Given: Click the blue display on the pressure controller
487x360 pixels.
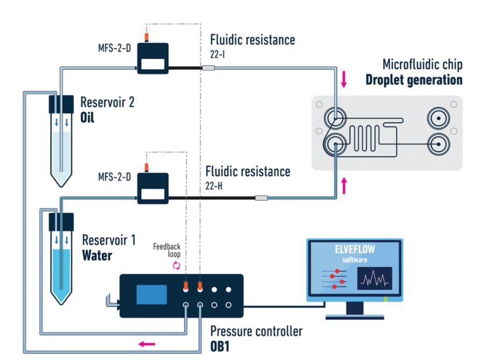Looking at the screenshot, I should (x=152, y=295).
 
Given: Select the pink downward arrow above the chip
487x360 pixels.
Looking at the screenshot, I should (x=345, y=80).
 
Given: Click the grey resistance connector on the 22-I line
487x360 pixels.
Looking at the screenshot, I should (x=208, y=68).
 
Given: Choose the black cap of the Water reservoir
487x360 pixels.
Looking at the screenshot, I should (x=61, y=220).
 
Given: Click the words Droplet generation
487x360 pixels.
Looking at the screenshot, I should (x=414, y=81).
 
